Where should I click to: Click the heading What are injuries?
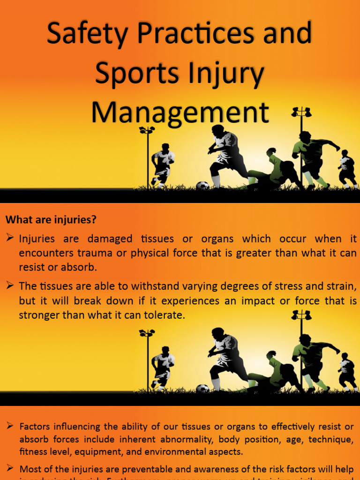pos(51,219)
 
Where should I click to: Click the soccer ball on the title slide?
pos(202,186)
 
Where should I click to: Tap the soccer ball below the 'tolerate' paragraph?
pos(202,388)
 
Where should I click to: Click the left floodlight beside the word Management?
pos(147,130)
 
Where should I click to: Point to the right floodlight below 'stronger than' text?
pos(301,315)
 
